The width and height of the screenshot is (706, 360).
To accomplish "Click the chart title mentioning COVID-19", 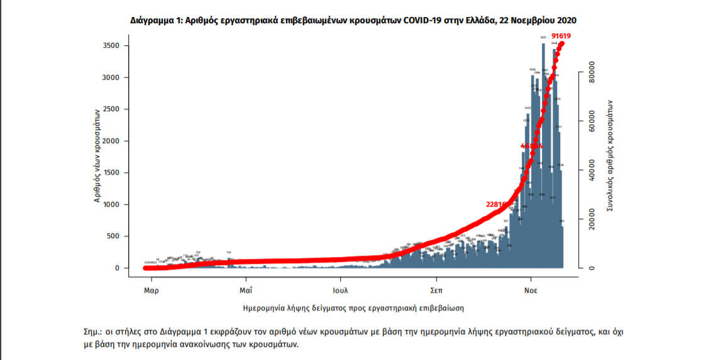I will click(353, 21).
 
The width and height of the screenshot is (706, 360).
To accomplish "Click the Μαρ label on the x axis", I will click(150, 291).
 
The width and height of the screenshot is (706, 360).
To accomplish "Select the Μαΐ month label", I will click(245, 291).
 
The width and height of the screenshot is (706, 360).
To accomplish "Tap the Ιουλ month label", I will click(341, 291).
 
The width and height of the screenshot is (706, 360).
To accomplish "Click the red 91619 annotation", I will click(561, 36).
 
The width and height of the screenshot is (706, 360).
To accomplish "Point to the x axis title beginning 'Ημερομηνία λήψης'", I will click(353, 308).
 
